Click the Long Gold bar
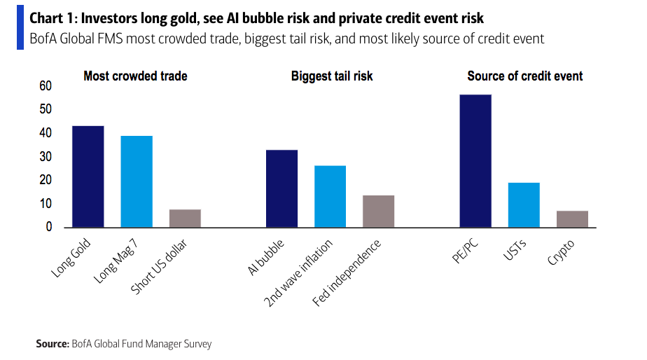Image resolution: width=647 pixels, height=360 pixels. (x=88, y=176)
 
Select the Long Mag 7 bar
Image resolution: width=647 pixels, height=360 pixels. (x=137, y=181)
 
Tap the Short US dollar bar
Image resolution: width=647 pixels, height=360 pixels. (x=185, y=219)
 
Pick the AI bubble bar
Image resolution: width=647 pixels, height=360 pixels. (x=281, y=188)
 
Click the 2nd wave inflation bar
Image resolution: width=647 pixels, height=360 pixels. (x=330, y=196)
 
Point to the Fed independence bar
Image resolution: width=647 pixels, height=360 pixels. (x=378, y=211)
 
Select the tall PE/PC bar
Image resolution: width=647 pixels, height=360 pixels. (x=475, y=161)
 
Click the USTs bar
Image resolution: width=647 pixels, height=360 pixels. (x=524, y=205)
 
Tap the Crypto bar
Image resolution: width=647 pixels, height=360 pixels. (x=572, y=219)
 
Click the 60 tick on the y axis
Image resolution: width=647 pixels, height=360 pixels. (x=46, y=86)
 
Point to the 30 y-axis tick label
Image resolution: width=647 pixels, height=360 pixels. (x=46, y=157)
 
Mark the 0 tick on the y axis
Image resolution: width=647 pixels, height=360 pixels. (x=49, y=228)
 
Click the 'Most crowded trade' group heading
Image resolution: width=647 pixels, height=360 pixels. (x=135, y=76)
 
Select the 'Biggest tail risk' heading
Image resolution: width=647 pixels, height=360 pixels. (x=332, y=76)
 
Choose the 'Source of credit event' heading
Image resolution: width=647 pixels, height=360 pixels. (x=525, y=76)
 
